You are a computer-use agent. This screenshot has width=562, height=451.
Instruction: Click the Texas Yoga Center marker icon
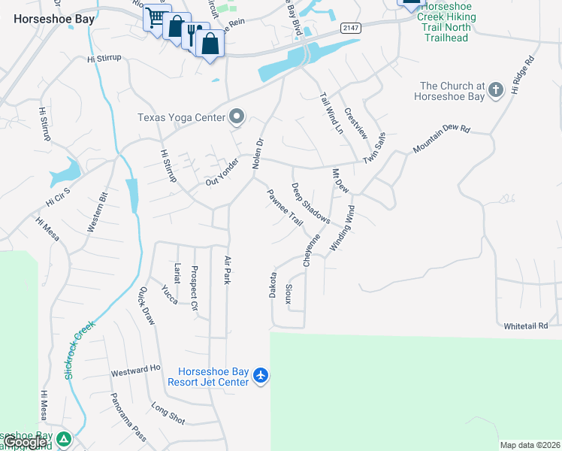[237, 117]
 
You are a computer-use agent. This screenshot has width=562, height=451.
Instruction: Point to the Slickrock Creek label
[81, 349]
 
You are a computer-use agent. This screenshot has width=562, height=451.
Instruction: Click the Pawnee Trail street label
[285, 208]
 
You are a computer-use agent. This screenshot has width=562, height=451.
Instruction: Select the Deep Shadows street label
[310, 204]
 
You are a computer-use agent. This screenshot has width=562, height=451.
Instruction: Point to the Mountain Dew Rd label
[441, 141]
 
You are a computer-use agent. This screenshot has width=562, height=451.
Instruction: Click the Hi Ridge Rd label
[524, 74]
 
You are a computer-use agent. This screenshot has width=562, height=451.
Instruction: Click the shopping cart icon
[155, 17]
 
